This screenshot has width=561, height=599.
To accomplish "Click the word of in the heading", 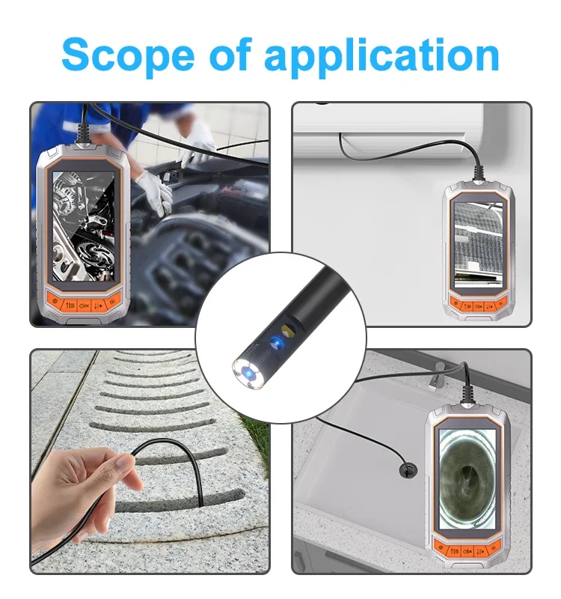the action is click(230, 54).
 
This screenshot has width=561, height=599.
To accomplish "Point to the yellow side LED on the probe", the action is click(288, 329).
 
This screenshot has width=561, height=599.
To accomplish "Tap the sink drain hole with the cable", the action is click(408, 470).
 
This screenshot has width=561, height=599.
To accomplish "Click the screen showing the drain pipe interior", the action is click(467, 478).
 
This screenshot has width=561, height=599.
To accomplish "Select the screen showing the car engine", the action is click(83, 226).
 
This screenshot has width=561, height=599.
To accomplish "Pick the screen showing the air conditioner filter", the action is click(479, 245).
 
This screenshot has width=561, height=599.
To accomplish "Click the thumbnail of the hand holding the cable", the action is click(150, 461).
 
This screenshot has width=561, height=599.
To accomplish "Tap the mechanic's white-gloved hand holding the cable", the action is click(155, 191).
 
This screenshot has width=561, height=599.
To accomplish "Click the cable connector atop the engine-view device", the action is click(84, 135).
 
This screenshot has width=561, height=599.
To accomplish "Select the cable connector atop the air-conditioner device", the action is click(479, 174).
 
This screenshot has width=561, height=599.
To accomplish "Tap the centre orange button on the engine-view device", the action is click(84, 305).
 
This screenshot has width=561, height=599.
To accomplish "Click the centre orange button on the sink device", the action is click(467, 551).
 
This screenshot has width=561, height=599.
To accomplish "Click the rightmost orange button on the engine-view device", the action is click(111, 302).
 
